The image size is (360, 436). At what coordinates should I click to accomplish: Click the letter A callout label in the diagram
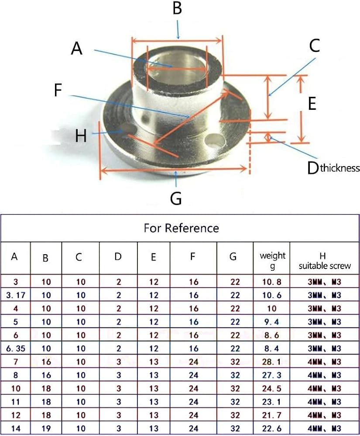click(77, 48)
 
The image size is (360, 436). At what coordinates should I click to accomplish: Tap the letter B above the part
click(177, 8)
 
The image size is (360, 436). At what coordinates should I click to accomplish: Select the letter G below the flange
click(176, 198)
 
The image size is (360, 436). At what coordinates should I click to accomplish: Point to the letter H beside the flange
click(81, 136)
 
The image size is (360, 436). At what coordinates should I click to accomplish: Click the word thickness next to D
click(340, 168)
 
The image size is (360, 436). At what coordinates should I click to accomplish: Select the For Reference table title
click(182, 228)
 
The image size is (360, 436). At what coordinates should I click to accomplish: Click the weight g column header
click(272, 260)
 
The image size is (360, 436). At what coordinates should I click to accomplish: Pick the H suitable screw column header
click(325, 261)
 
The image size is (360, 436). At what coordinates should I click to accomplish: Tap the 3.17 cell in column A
click(16, 295)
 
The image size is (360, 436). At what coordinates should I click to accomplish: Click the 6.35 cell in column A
click(16, 348)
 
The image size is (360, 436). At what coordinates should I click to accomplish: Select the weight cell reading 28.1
click(271, 362)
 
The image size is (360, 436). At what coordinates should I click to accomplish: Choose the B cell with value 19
click(46, 429)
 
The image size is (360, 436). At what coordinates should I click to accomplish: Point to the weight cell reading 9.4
click(271, 322)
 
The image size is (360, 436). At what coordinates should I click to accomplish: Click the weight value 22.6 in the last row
click(271, 429)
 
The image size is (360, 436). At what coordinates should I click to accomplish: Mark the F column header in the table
click(192, 256)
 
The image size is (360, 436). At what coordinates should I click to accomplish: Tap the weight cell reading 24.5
click(271, 388)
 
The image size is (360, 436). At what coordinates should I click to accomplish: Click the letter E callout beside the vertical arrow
click(312, 104)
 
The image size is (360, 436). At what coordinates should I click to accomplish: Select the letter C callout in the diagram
click(314, 46)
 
